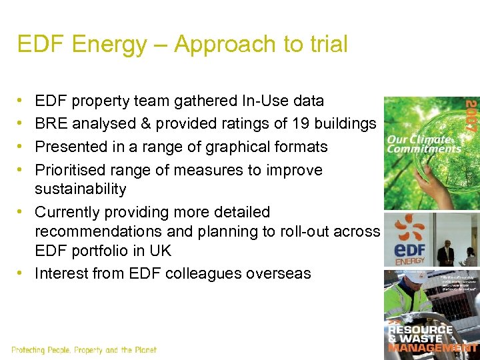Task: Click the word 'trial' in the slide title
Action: (x=325, y=45)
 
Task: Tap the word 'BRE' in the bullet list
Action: (x=51, y=123)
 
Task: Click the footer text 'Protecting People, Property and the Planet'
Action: (x=84, y=350)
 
